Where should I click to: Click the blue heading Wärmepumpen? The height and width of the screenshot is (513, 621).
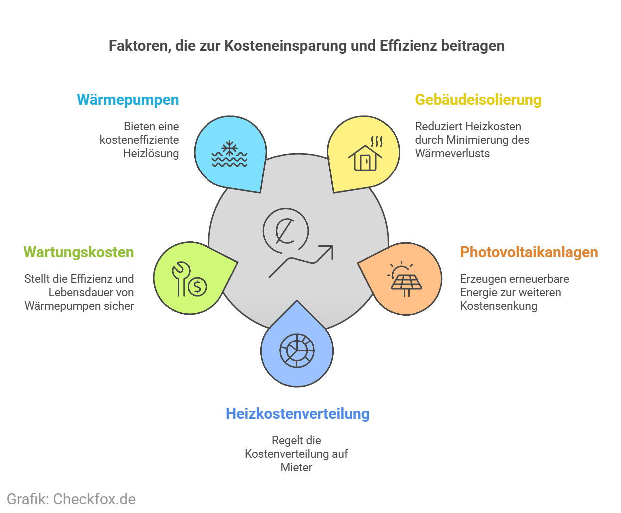pyautogui.click(x=128, y=100)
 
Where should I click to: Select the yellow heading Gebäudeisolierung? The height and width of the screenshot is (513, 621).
pyautogui.click(x=478, y=100)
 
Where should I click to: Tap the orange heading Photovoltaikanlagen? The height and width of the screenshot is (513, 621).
pyautogui.click(x=529, y=252)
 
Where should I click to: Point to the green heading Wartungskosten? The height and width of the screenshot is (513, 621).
pyautogui.click(x=79, y=252)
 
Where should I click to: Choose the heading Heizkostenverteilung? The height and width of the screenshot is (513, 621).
pyautogui.click(x=298, y=414)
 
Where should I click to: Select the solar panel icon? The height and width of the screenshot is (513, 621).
pyautogui.click(x=405, y=280)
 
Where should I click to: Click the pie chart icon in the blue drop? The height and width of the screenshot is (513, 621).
pyautogui.click(x=297, y=350)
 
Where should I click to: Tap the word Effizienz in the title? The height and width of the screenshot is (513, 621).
pyautogui.click(x=408, y=46)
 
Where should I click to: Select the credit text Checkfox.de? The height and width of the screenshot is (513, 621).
pyautogui.click(x=94, y=499)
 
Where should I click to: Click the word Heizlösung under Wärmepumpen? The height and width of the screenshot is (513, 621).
pyautogui.click(x=151, y=153)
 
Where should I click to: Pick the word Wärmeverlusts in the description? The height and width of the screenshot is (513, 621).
pyautogui.click(x=452, y=153)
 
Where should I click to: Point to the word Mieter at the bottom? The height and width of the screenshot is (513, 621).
pyautogui.click(x=296, y=467)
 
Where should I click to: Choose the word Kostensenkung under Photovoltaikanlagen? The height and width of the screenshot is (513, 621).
pyautogui.click(x=498, y=306)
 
